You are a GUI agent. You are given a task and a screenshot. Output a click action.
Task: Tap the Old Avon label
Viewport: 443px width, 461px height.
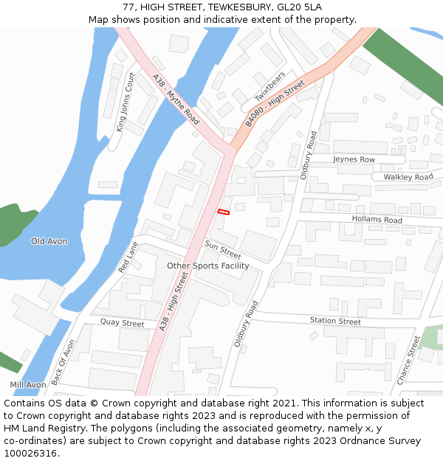(49, 241)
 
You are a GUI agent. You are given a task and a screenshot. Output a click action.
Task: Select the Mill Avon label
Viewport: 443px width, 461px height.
(28, 385)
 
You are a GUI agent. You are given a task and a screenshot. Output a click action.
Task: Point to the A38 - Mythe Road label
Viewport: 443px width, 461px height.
(176, 99)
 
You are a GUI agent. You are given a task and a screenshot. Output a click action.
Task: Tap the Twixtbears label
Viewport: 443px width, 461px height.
(269, 87)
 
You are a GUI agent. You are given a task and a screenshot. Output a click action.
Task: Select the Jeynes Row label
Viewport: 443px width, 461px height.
(354, 159)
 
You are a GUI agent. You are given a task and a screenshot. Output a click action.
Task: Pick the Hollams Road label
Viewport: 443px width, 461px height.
(377, 220)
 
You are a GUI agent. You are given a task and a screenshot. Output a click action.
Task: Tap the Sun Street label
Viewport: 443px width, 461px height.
(223, 250)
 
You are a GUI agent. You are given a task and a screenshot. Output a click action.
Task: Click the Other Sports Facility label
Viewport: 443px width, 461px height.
(207, 266)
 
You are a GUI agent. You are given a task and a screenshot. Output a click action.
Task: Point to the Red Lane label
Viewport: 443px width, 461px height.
(128, 257)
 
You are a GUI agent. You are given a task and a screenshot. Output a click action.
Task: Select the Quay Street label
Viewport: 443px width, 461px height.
(122, 323)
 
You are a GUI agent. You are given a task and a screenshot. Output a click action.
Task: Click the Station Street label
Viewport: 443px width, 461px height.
(335, 321)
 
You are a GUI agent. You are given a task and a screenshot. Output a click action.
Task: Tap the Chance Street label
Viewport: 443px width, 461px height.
(408, 360)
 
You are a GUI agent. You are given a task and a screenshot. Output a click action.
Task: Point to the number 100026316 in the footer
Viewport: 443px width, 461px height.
(30, 454)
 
